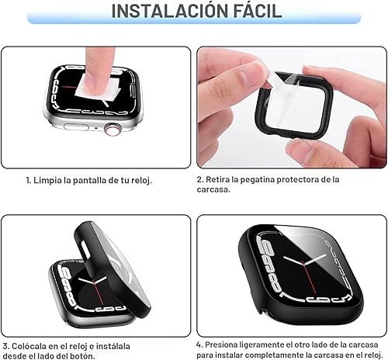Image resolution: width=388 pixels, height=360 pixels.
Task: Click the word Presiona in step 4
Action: point(230,344)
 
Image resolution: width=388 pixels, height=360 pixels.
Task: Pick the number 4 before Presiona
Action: point(200,344)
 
